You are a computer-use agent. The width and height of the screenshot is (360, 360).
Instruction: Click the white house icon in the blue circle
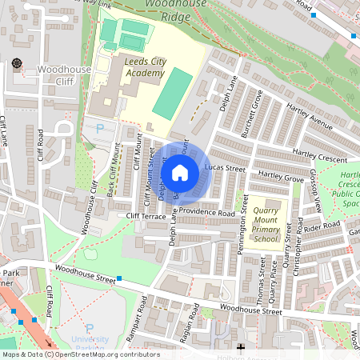pos(180,172)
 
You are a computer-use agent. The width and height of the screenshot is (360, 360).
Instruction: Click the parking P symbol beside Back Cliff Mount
pos(100,128)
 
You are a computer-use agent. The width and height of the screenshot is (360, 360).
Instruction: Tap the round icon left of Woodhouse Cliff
pos(17,63)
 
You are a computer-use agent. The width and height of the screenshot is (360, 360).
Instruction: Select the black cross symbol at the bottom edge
pos(241,348)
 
